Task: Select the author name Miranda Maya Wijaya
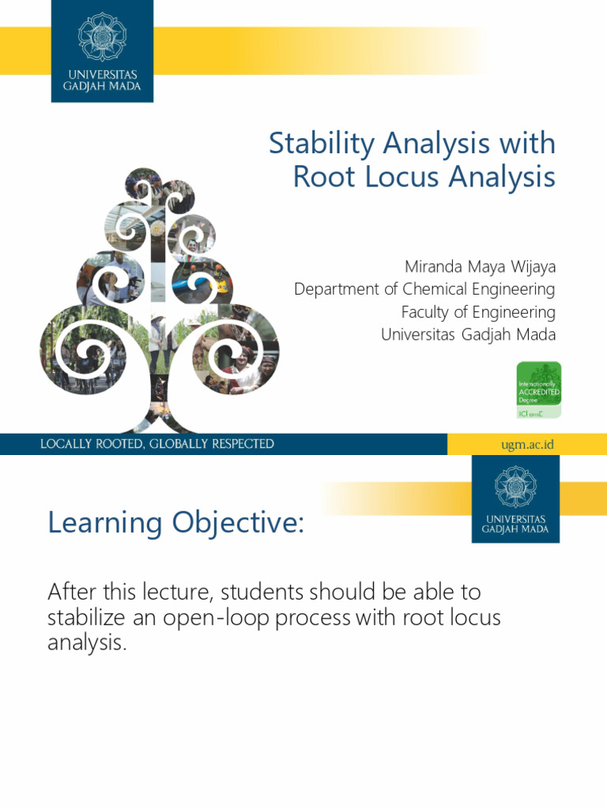coord(480,266)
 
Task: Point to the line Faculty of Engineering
coord(478,312)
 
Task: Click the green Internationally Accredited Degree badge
coord(538,389)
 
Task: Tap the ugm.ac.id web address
coord(527,444)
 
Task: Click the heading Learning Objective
coord(175,522)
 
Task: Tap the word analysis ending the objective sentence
coord(85,643)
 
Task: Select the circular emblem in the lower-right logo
coord(515,487)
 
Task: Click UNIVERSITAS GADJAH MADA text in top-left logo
coord(102,81)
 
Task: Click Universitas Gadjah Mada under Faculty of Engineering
coord(468,334)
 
